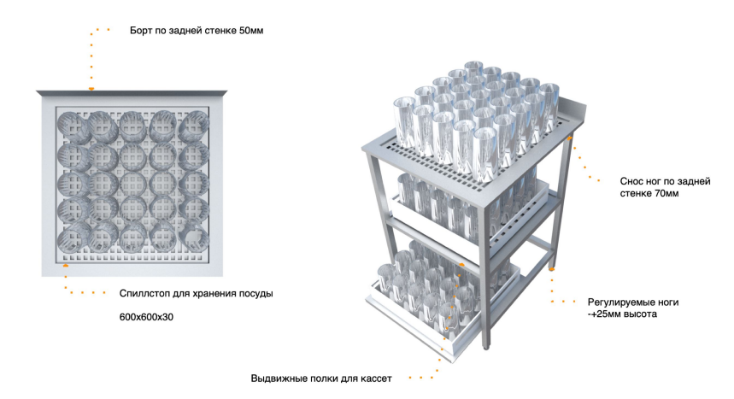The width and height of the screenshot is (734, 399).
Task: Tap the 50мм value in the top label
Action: (x=250, y=32)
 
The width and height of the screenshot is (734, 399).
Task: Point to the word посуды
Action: (x=255, y=294)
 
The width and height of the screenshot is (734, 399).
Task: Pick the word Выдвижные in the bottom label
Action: (x=279, y=378)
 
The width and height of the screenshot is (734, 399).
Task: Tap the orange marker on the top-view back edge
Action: (x=91, y=89)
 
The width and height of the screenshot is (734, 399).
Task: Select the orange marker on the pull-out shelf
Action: (x=461, y=266)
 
